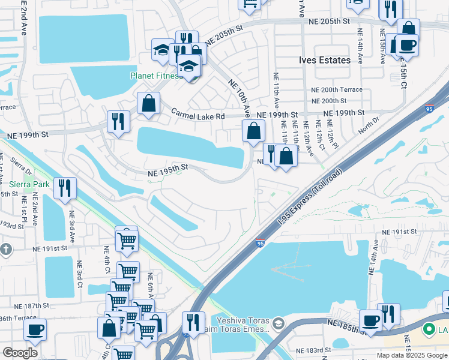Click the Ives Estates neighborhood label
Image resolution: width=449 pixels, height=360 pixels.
click(x=325, y=61)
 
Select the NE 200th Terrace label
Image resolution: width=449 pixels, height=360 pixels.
click(x=337, y=89)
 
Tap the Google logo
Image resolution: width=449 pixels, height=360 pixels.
click(x=20, y=353)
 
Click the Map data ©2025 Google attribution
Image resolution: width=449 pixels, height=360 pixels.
click(x=411, y=355)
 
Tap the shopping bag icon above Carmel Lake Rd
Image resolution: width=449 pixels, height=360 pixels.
click(x=148, y=103)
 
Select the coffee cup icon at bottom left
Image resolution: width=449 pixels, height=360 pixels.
click(x=35, y=329)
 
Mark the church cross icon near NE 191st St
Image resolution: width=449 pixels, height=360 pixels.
click(x=5, y=248)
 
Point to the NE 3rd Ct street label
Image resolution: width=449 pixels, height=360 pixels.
click(x=79, y=274)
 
